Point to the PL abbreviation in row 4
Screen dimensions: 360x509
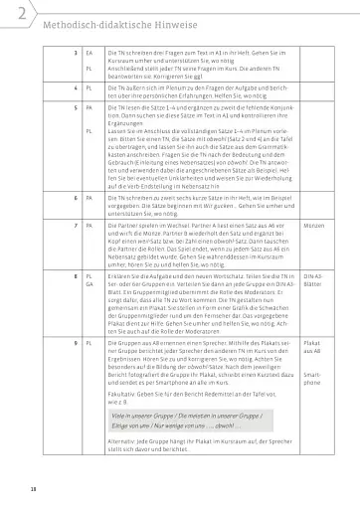tap(90, 88)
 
